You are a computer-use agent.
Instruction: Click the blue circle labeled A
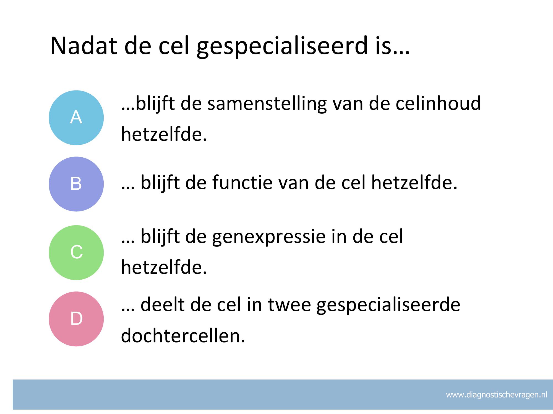[76, 118]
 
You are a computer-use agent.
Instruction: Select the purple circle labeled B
[76, 184]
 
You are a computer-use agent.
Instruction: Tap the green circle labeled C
[76, 253]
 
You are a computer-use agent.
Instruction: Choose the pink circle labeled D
[76, 319]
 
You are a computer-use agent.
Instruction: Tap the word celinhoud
[438, 103]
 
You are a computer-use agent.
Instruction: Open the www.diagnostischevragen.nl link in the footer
[497, 395]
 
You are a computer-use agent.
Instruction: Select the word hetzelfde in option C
[164, 267]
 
